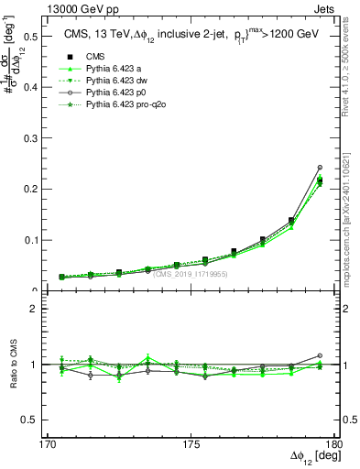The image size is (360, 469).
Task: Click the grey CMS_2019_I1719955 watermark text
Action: pos(191,273)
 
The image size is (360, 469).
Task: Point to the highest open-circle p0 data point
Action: pos(320,168)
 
